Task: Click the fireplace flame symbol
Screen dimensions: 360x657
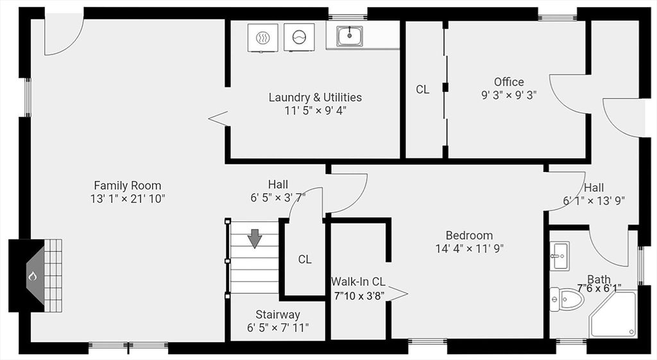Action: click(x=32, y=277)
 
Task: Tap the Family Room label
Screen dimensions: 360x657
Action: click(x=128, y=185)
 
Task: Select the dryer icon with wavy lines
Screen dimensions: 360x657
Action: click(x=262, y=38)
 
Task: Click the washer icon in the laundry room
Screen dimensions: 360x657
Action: click(x=299, y=38)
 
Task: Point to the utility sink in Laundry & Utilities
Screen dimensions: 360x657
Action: click(x=349, y=36)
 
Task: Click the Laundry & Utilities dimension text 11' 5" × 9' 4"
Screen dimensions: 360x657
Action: click(x=315, y=110)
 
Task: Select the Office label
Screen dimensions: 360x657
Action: click(x=509, y=81)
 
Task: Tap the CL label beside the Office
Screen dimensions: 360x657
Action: click(x=422, y=90)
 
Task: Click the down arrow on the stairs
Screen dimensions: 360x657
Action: click(x=255, y=238)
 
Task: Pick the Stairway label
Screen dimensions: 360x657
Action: click(x=278, y=314)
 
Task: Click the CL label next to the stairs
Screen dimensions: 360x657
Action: click(x=305, y=259)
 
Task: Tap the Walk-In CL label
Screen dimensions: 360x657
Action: click(x=358, y=282)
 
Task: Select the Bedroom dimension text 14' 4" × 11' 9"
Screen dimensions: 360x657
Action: click(x=469, y=248)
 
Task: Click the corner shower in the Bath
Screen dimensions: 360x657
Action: click(x=613, y=314)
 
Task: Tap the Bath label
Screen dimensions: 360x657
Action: click(x=599, y=279)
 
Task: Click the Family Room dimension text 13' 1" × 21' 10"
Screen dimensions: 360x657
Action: click(x=128, y=199)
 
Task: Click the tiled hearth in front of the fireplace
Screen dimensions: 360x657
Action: click(x=53, y=276)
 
